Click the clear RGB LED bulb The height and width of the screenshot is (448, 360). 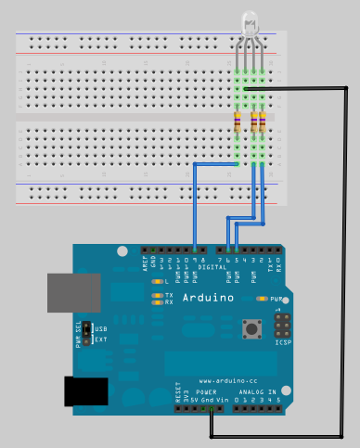[x=250, y=22]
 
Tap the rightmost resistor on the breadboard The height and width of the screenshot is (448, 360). [x=264, y=122]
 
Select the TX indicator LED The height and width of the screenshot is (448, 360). [x=158, y=294]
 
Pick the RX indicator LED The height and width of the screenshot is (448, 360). [x=158, y=301]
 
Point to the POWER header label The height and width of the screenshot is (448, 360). [x=207, y=392]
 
